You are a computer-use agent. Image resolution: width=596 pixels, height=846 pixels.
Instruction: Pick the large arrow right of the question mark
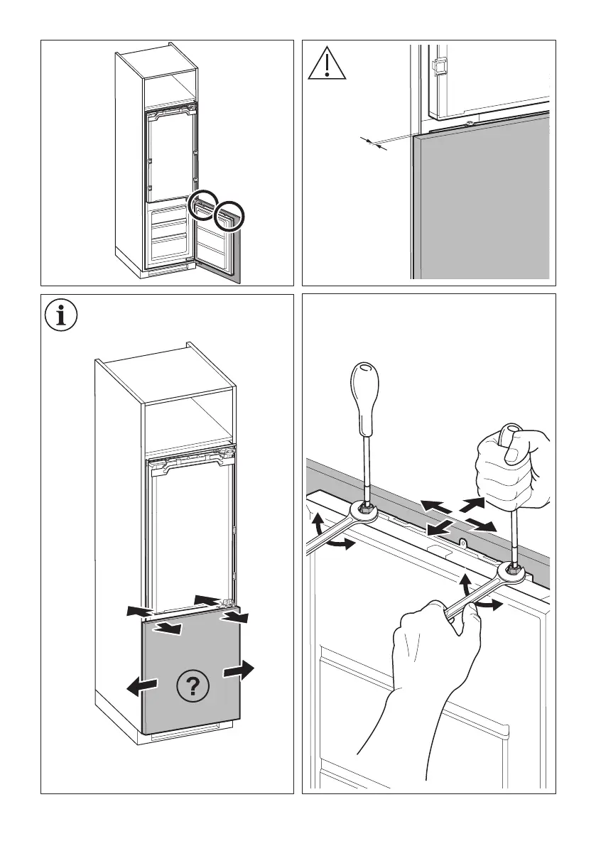[x=239, y=671]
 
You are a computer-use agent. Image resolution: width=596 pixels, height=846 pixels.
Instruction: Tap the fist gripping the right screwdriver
[x=513, y=469]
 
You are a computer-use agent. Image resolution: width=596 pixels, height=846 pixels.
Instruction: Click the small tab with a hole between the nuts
[x=463, y=543]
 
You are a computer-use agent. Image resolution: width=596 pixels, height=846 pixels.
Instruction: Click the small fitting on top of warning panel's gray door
[x=471, y=125]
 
